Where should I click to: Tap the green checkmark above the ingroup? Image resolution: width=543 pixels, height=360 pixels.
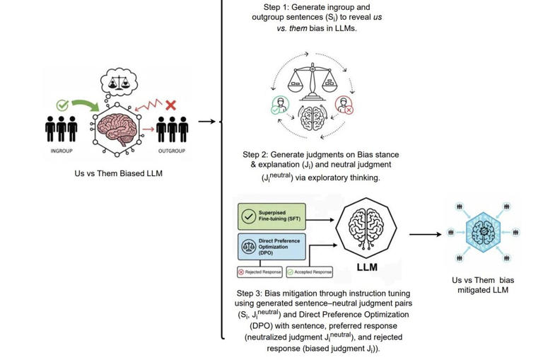(62, 105)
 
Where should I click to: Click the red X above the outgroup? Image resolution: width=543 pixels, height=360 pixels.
(170, 105)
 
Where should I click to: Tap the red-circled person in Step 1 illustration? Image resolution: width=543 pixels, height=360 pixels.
(344, 106)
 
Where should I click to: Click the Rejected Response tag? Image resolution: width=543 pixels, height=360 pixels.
(259, 272)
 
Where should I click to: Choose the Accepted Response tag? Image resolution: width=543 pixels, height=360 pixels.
(309, 272)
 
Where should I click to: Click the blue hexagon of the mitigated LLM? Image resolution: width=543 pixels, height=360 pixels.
(483, 232)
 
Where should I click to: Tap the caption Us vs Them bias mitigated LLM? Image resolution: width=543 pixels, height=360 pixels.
(483, 285)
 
